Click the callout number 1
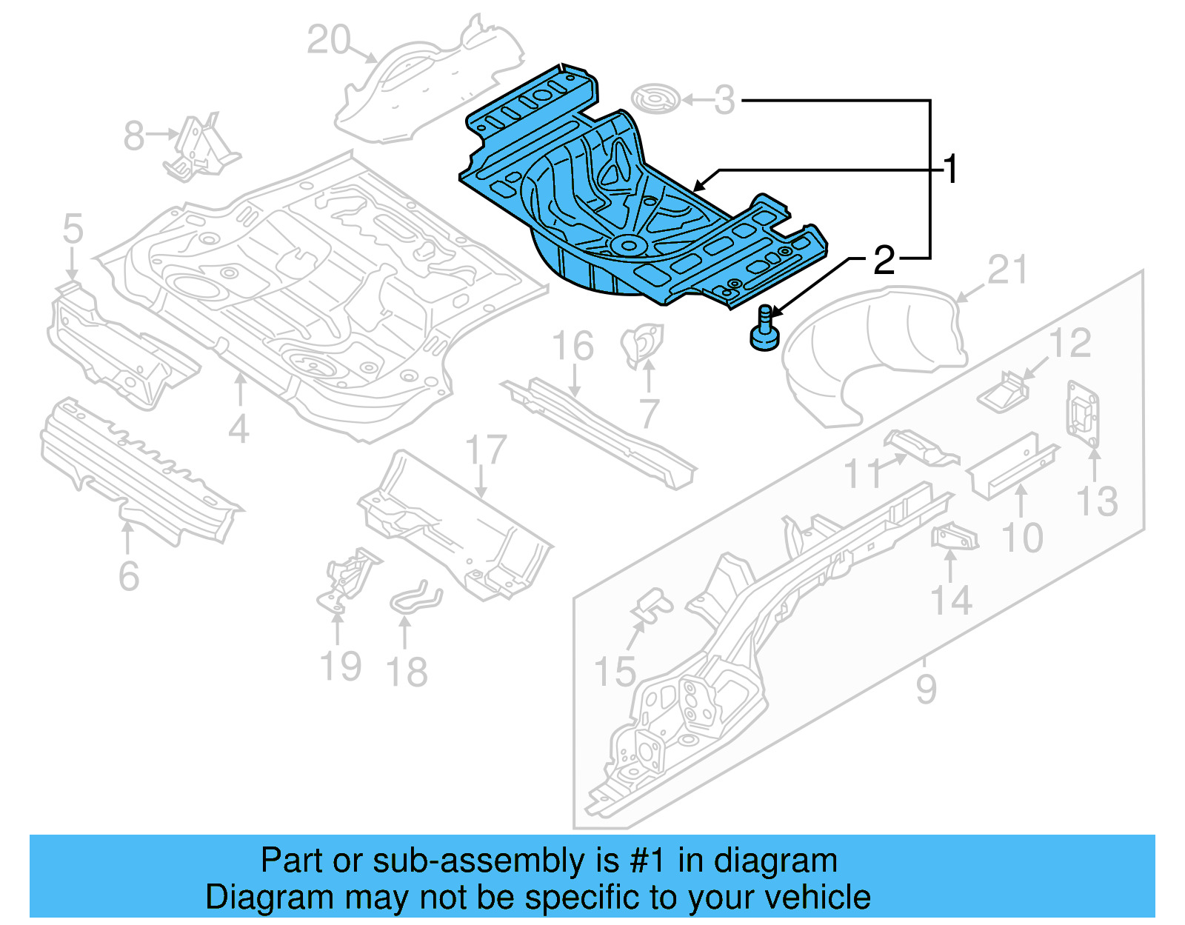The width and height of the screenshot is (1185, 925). coord(951,170)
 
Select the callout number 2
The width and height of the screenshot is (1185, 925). coord(884,260)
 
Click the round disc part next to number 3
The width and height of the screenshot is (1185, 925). coord(655,99)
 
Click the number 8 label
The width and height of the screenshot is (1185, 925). coord(134,136)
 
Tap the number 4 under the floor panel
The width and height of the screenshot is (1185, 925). coord(238,429)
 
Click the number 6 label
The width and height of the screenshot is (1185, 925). coord(129,576)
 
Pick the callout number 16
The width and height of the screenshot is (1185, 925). coord(573,346)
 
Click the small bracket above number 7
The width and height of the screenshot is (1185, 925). coord(641,344)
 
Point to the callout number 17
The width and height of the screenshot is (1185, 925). coord(486,450)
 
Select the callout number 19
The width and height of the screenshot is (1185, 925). coord(341,666)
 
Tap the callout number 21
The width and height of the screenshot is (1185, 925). coord(1007,270)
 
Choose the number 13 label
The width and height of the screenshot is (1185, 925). coord(1097,501)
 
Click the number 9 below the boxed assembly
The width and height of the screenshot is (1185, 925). coord(926,689)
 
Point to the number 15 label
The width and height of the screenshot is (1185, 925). coord(615,672)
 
